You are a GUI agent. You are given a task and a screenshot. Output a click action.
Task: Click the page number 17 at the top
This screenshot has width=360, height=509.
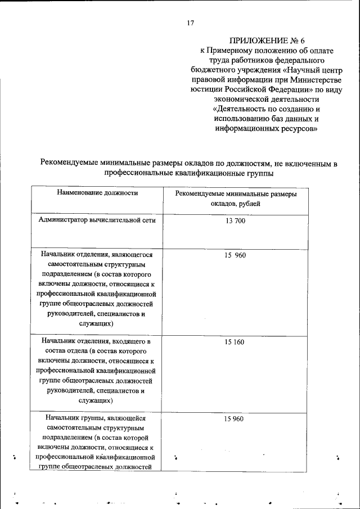[190, 23]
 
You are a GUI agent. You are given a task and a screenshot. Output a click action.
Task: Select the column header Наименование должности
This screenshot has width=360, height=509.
[97, 193]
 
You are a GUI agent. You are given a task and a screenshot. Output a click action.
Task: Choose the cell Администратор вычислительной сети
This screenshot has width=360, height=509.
[97, 220]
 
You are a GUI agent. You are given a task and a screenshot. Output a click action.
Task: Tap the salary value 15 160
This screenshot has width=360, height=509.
[235, 341]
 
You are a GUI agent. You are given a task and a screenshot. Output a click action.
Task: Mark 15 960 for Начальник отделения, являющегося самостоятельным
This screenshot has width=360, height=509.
[235, 255]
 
